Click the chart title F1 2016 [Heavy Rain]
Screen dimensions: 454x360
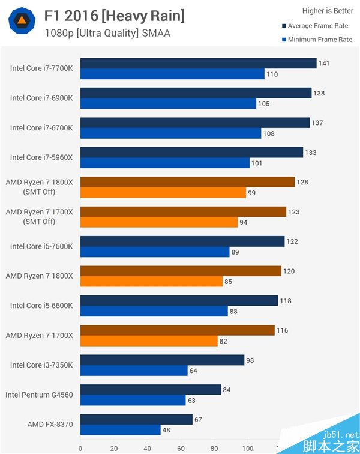click(x=114, y=16)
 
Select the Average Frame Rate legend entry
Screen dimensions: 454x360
click(x=317, y=26)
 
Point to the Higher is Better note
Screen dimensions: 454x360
click(x=328, y=11)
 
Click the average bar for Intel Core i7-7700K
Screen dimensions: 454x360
click(x=198, y=64)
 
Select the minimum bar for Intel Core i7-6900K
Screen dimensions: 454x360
click(x=168, y=103)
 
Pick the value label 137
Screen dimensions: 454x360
click(x=317, y=123)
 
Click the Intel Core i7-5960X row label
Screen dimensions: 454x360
click(x=41, y=157)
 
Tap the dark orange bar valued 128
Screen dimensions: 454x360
click(x=187, y=182)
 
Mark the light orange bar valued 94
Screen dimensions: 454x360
click(x=159, y=222)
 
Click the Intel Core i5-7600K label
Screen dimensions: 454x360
click(x=41, y=246)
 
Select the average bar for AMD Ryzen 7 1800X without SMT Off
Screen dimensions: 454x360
click(x=181, y=271)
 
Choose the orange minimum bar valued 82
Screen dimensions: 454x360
click(x=149, y=340)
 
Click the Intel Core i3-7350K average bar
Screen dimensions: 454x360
click(x=162, y=360)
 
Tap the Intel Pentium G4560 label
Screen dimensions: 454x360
click(x=39, y=395)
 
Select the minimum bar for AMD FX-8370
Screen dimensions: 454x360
click(x=120, y=429)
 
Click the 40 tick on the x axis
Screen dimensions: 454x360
click(x=147, y=448)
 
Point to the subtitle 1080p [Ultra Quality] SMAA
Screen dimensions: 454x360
click(x=107, y=33)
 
